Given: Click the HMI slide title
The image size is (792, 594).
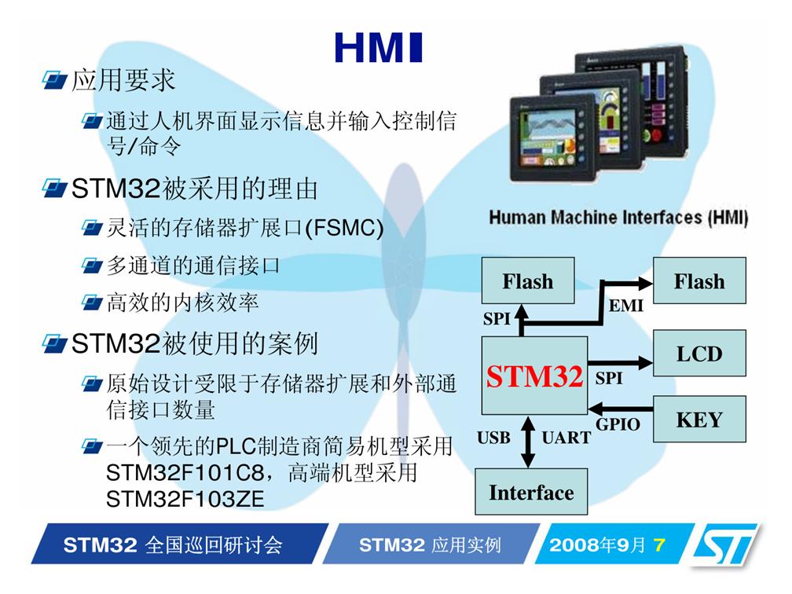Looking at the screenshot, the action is pos(379,48).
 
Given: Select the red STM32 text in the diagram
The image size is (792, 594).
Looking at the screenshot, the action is pos(534,376).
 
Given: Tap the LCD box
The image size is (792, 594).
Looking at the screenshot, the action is pos(699,353).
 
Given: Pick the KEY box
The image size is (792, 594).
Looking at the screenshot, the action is pos(699,420).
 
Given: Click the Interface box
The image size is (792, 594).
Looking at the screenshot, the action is pos(531,492).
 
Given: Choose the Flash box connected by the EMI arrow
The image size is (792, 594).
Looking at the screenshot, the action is pos(699,280).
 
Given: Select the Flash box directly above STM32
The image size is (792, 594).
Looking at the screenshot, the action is pos(528,280).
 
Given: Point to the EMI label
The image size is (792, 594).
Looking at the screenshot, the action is pos(625,306).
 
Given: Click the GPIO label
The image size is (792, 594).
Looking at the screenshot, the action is pos(618,424).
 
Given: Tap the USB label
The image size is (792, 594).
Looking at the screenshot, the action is pos(493,438).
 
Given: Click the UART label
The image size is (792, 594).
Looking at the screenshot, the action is pos(566,438).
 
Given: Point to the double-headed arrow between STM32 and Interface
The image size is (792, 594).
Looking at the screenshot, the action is pos(528,442).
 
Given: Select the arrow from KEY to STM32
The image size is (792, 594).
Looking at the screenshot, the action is pos(621,408).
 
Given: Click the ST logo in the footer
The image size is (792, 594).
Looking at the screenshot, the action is pos(725,544).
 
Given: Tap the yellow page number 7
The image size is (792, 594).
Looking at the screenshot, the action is pos(658,545).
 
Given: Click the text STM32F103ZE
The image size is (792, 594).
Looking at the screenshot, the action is pos(185,499).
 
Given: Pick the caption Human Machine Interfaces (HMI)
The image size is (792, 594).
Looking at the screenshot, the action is pos(618,218).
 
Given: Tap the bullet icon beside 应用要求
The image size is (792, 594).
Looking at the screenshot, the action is pos(54,80).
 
